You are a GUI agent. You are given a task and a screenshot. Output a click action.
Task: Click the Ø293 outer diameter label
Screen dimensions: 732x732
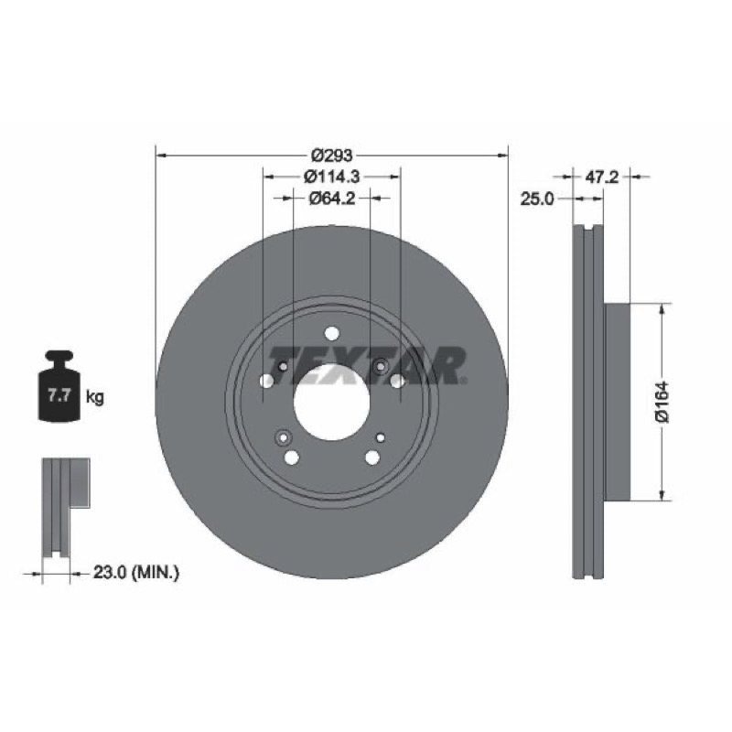click(332, 155)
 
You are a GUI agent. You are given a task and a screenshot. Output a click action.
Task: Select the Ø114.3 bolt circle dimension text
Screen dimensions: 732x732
click(332, 177)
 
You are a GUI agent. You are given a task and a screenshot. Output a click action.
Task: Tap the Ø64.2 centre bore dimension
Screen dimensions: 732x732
click(332, 199)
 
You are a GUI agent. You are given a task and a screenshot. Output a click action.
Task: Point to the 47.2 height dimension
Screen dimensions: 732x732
click(602, 177)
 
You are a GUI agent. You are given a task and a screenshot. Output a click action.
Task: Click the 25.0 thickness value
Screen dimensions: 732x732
click(537, 199)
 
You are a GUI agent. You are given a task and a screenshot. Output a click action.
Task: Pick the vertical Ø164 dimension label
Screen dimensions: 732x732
click(662, 402)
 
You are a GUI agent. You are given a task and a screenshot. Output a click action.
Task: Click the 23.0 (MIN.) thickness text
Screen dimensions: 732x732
click(136, 572)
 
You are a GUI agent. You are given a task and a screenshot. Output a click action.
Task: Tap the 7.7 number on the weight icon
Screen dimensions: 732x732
click(59, 396)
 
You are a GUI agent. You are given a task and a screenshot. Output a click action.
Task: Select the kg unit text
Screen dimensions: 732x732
click(95, 398)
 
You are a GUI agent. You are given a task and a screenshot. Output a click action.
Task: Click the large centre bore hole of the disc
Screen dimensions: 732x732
click(331, 402)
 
